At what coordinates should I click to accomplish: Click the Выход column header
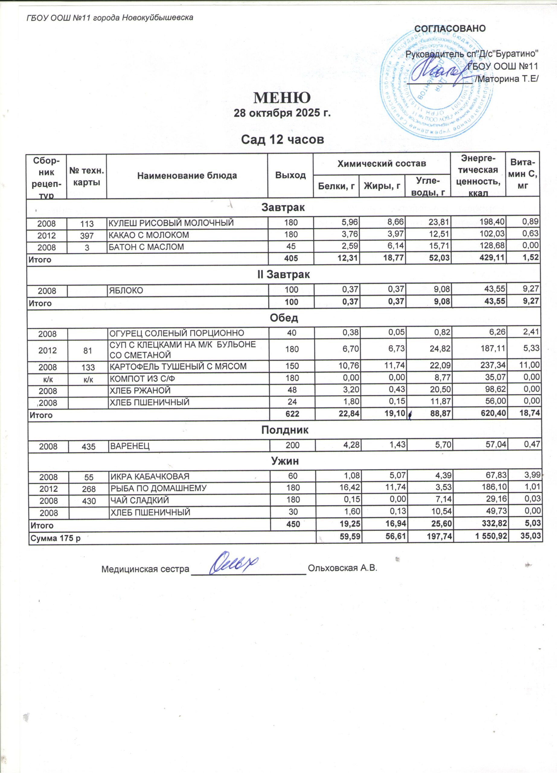290,175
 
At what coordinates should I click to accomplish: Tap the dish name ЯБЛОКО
126,290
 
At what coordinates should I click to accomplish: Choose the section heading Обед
284,318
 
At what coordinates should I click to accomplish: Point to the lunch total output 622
292,415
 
